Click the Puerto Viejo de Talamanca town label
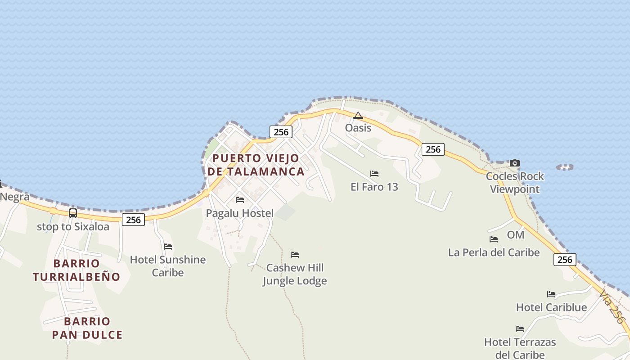(x=256, y=165)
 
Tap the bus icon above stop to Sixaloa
(x=73, y=213)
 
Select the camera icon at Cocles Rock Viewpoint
(x=514, y=163)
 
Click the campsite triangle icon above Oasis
(x=358, y=116)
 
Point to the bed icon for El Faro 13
(x=374, y=174)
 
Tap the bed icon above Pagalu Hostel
(x=240, y=199)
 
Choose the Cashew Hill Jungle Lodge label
(x=295, y=274)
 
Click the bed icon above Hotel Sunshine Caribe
(x=168, y=246)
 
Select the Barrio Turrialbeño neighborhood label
(x=76, y=270)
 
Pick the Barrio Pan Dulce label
(x=87, y=328)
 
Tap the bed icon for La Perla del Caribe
(x=494, y=239)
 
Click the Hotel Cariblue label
(x=551, y=307)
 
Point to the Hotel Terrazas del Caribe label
(x=520, y=348)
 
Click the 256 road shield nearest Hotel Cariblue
(x=565, y=260)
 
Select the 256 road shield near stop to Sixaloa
(x=133, y=220)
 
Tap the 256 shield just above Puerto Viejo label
(x=281, y=132)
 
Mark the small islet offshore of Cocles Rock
(x=565, y=167)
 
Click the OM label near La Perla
(x=516, y=235)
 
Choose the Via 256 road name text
(x=612, y=306)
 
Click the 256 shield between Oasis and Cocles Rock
(x=433, y=149)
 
